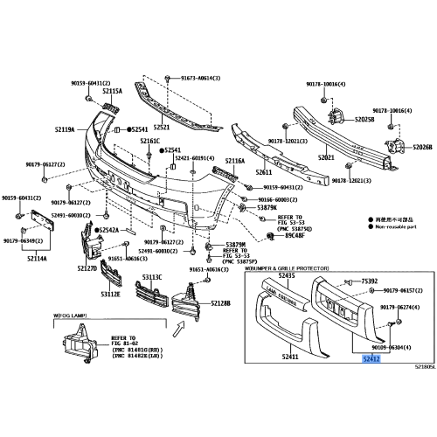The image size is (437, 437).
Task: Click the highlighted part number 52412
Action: coord(372,358)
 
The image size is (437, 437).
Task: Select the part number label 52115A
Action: coord(112,90)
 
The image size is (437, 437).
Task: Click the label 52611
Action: coord(265,173)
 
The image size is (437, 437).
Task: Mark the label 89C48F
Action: coord(292,236)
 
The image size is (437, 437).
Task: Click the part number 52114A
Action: coord(37,259)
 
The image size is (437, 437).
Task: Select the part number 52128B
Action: coord(220,303)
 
